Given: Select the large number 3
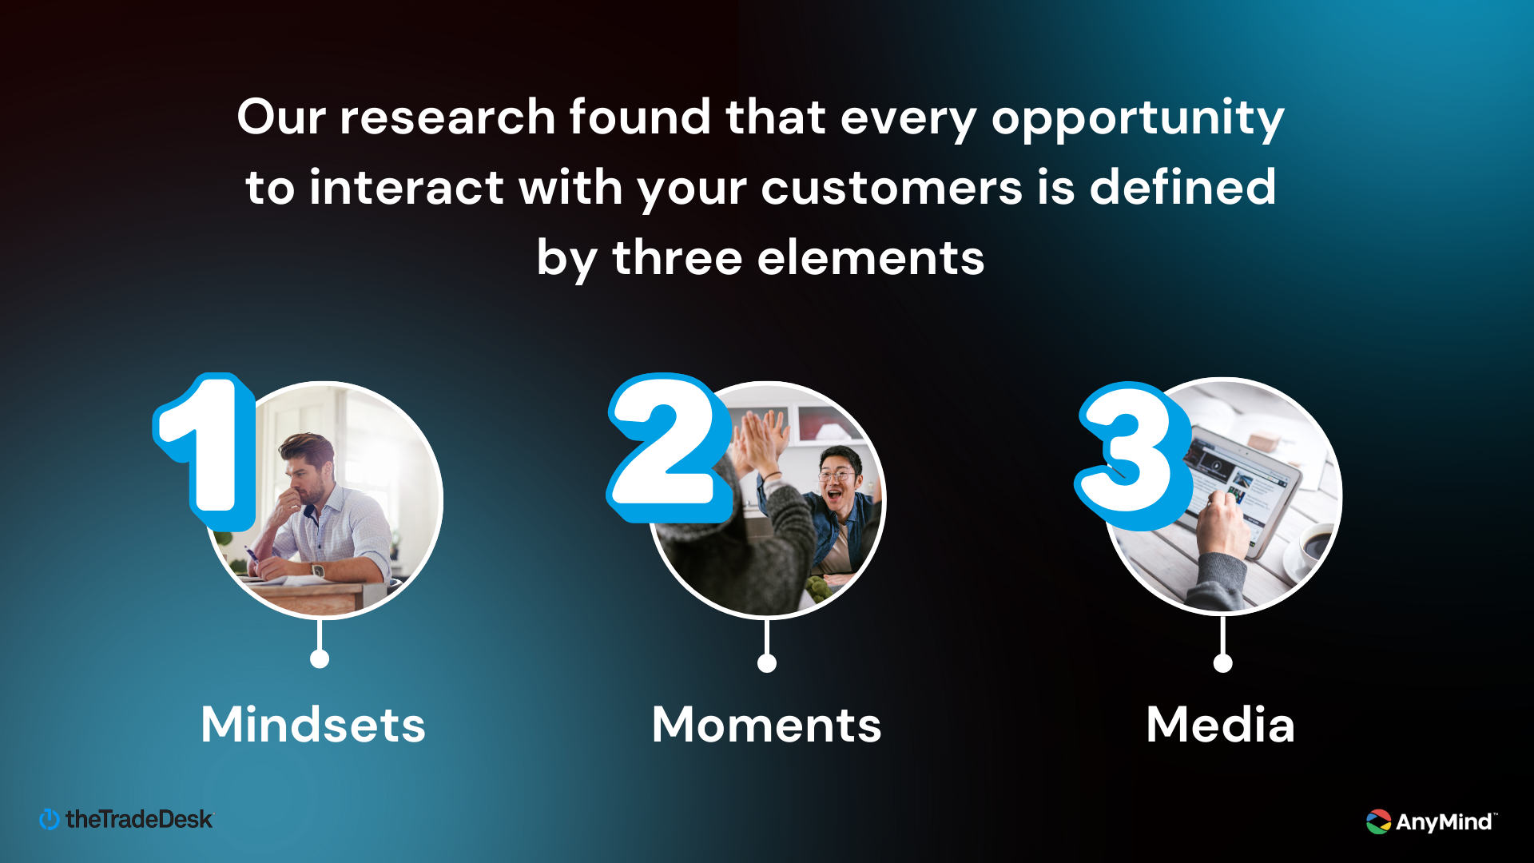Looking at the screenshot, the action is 1133,455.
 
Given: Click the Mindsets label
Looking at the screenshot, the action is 313,725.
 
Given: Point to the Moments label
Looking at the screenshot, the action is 767,725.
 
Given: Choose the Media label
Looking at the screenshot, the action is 1221,725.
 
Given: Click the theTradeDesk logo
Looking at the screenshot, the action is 126,819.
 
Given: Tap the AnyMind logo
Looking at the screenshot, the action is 1432,821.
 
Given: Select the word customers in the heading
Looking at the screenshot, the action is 892,188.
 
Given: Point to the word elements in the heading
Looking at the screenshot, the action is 871,259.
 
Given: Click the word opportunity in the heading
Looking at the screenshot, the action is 1138,120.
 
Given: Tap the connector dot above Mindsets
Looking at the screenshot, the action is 320,658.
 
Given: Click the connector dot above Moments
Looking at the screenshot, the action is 767,662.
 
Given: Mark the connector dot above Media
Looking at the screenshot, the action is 1222,662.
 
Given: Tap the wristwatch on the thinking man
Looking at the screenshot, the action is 318,571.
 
